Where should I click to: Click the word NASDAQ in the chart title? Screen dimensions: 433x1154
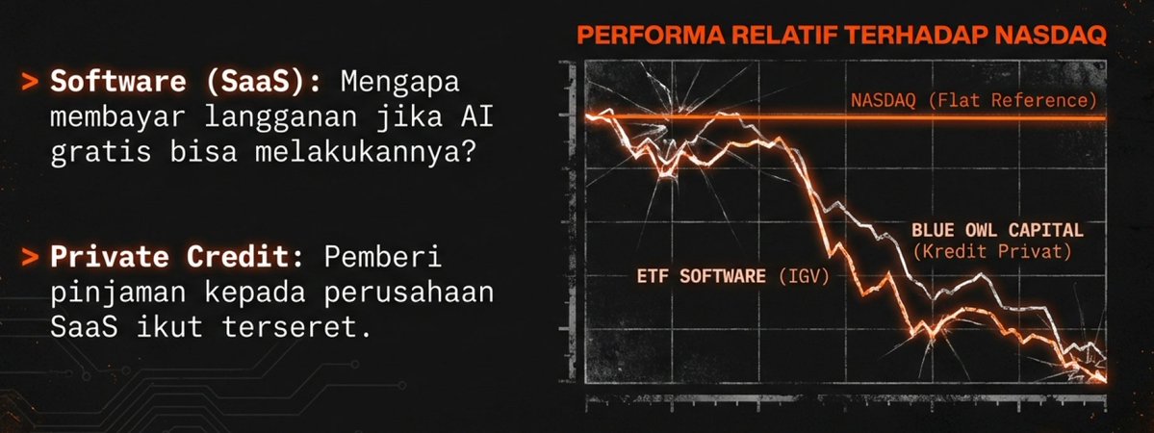click(1059, 38)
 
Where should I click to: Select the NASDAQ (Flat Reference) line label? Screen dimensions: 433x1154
click(974, 100)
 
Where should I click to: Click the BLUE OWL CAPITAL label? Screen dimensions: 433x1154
click(997, 231)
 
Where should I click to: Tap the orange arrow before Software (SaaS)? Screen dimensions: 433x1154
click(33, 83)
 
